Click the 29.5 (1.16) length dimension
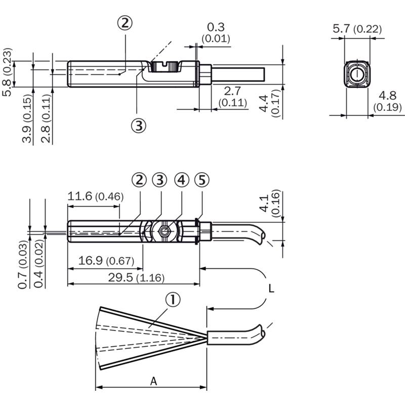coord(136,277)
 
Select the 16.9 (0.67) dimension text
coord(106,260)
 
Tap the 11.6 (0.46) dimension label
coord(96,196)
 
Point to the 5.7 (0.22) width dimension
coord(357,29)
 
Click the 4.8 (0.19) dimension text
coord(387,101)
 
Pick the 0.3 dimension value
coord(216,27)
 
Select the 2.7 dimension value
coord(232,91)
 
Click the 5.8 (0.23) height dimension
coord(7,72)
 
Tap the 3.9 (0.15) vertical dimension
coord(27,118)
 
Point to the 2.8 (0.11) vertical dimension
coord(46,118)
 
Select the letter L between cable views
coord(271,288)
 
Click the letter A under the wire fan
coord(154,381)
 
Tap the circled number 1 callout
coord(173,300)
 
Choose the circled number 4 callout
coord(182,180)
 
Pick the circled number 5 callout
coord(202,180)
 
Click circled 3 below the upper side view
coord(139,126)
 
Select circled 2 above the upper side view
coord(125,23)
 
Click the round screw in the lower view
coord(164,231)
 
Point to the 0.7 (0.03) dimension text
coord(23,264)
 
